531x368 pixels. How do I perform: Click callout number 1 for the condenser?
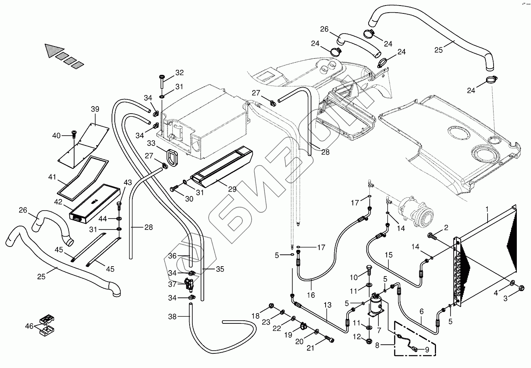(x=487, y=209)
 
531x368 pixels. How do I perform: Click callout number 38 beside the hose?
(x=172, y=316)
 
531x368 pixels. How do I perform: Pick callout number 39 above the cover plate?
(x=95, y=109)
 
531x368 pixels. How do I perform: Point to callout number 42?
(x=58, y=202)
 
